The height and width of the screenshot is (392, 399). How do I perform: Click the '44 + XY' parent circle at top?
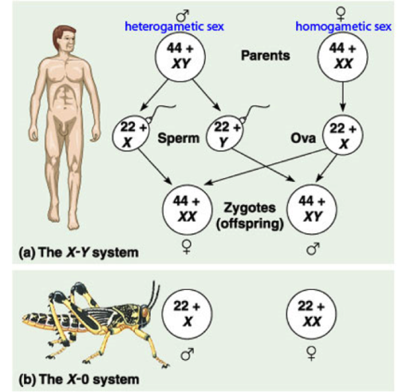[180, 56]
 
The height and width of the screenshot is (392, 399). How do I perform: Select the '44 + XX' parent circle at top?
[342, 56]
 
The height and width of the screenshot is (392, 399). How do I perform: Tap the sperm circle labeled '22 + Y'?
[224, 133]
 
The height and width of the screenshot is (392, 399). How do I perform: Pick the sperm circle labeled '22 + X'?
[130, 133]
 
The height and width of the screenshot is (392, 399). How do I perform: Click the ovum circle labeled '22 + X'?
[342, 135]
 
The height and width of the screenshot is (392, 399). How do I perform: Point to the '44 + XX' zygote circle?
[188, 209]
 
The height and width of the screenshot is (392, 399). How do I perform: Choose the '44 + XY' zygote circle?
[311, 209]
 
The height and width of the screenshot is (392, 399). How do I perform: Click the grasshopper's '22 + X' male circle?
[188, 314]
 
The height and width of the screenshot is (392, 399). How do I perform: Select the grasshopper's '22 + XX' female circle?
[311, 314]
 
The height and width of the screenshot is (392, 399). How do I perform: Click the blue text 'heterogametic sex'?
[175, 26]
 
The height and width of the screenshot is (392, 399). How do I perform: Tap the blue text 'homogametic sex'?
[343, 26]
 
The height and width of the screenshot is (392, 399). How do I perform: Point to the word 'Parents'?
[265, 55]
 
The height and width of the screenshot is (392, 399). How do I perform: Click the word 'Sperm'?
[178, 138]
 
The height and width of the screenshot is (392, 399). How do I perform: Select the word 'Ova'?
[303, 138]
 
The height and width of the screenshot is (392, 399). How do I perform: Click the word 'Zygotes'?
[250, 208]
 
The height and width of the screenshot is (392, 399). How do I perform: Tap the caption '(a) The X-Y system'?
[79, 252]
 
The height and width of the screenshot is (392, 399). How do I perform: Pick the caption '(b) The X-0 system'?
[79, 379]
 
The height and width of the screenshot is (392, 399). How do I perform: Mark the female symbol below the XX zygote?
[187, 247]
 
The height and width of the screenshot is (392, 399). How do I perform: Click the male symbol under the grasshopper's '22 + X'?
[187, 354]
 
